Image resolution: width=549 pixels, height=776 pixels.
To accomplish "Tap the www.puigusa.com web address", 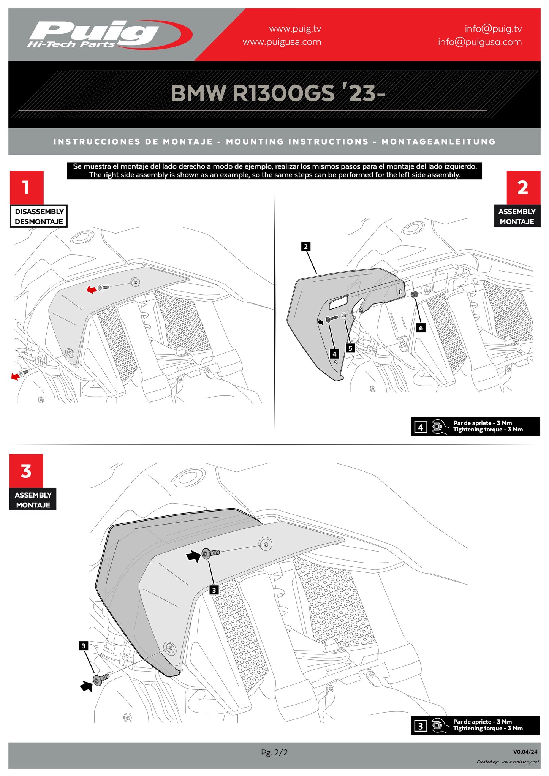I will [282, 42].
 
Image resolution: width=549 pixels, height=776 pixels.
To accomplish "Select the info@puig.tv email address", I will [493, 29].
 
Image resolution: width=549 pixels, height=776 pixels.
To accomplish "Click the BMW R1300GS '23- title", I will [277, 93].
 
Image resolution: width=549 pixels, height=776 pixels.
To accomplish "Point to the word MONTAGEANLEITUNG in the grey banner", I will [438, 142].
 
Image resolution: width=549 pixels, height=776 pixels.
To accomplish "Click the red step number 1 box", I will [27, 188].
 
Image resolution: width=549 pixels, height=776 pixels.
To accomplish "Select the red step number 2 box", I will [523, 188].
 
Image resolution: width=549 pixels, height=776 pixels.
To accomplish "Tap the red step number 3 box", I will [26, 471].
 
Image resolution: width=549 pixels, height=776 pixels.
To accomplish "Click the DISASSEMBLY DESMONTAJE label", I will [39, 217].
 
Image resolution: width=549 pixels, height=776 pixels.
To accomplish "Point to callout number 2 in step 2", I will [306, 247].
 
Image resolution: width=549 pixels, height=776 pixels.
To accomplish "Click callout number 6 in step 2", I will [421, 328].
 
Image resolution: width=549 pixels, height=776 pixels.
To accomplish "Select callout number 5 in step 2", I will [350, 348].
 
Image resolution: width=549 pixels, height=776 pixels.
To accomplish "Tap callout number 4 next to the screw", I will [334, 354].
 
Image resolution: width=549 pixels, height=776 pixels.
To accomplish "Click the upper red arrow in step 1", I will [91, 290].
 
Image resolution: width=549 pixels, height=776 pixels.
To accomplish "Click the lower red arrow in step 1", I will [16, 376].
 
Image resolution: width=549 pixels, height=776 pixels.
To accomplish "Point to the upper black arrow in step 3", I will [193, 557].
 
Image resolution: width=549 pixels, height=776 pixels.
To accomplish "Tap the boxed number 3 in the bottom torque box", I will [420, 726].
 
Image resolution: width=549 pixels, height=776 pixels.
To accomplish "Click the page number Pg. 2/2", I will [274, 752].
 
